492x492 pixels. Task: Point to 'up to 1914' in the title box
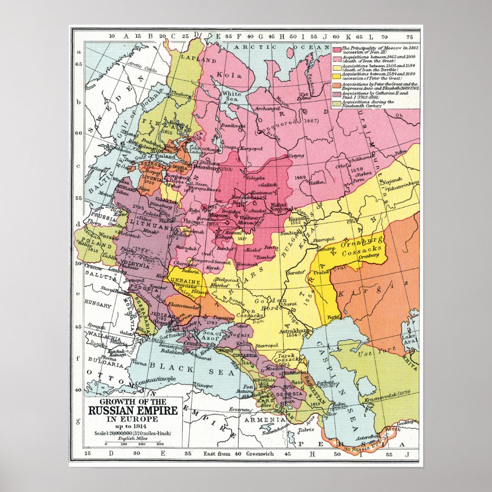click(x=133, y=425)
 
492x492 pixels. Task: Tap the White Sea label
click(x=231, y=97)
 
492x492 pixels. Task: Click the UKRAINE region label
click(x=184, y=282)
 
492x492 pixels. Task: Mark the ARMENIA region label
click(x=272, y=419)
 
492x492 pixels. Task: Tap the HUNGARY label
click(x=97, y=305)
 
